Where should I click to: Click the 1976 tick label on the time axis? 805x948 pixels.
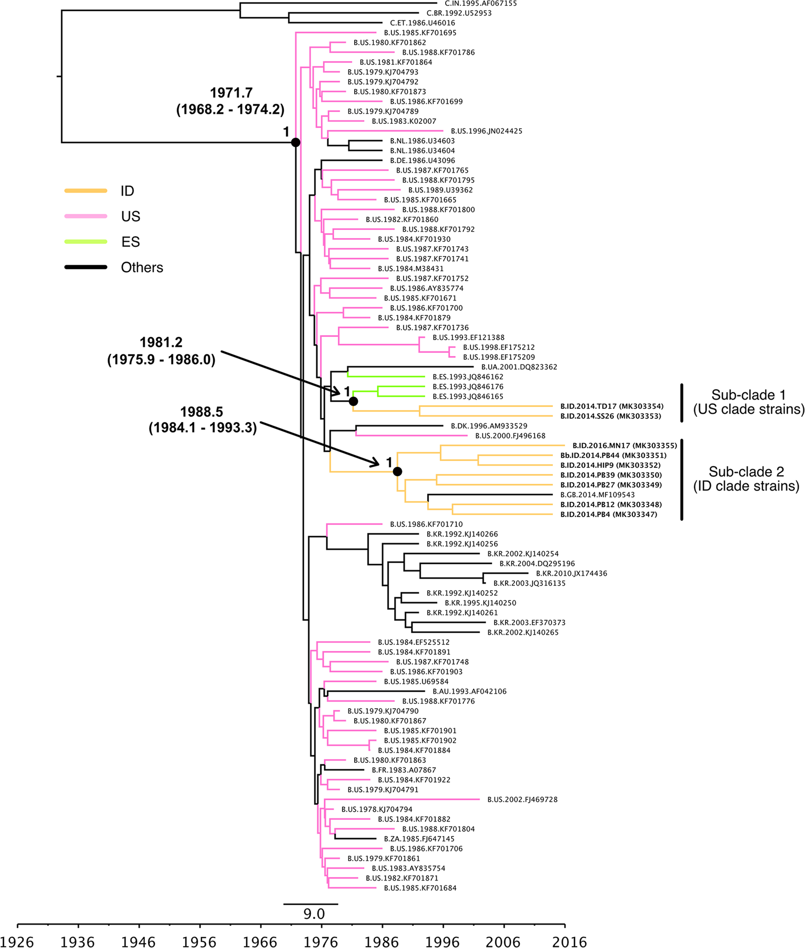pos(321,941)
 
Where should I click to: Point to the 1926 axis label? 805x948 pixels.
pos(18,941)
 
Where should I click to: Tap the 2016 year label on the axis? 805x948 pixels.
pos(569,941)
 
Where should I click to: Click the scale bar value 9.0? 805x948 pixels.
pos(314,914)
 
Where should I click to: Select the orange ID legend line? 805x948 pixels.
pos(86,191)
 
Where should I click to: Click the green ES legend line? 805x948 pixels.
pos(86,242)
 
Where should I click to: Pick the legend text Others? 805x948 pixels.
pos(142,267)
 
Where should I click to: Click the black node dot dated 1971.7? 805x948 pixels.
pos(295,143)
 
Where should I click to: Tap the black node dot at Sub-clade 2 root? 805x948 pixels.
pos(398,472)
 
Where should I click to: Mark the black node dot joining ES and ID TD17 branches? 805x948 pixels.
pos(353,402)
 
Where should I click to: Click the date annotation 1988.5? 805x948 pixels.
pos(201,412)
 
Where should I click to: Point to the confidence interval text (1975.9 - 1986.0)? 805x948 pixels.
pos(161,360)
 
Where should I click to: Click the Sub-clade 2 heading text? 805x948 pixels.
pos(746,472)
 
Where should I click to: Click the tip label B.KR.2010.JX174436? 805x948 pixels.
pos(571,574)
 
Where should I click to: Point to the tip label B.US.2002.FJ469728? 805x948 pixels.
pos(522,800)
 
